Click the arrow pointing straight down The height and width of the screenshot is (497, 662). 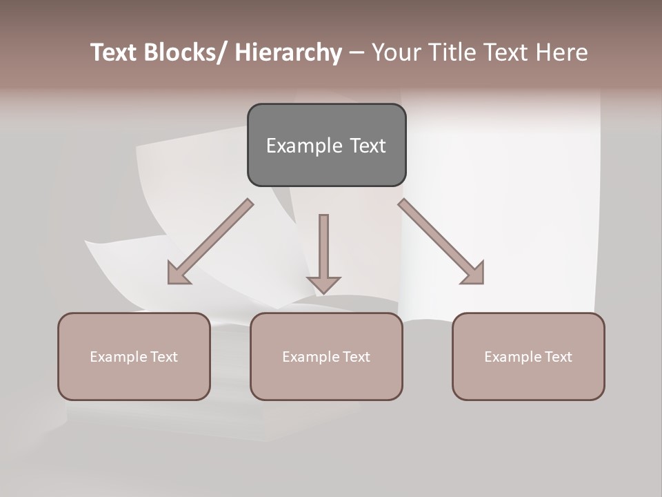[323, 248]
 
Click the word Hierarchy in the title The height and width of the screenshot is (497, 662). [288, 52]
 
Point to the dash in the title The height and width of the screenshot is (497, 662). [357, 52]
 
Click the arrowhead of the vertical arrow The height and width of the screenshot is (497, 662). [323, 283]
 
